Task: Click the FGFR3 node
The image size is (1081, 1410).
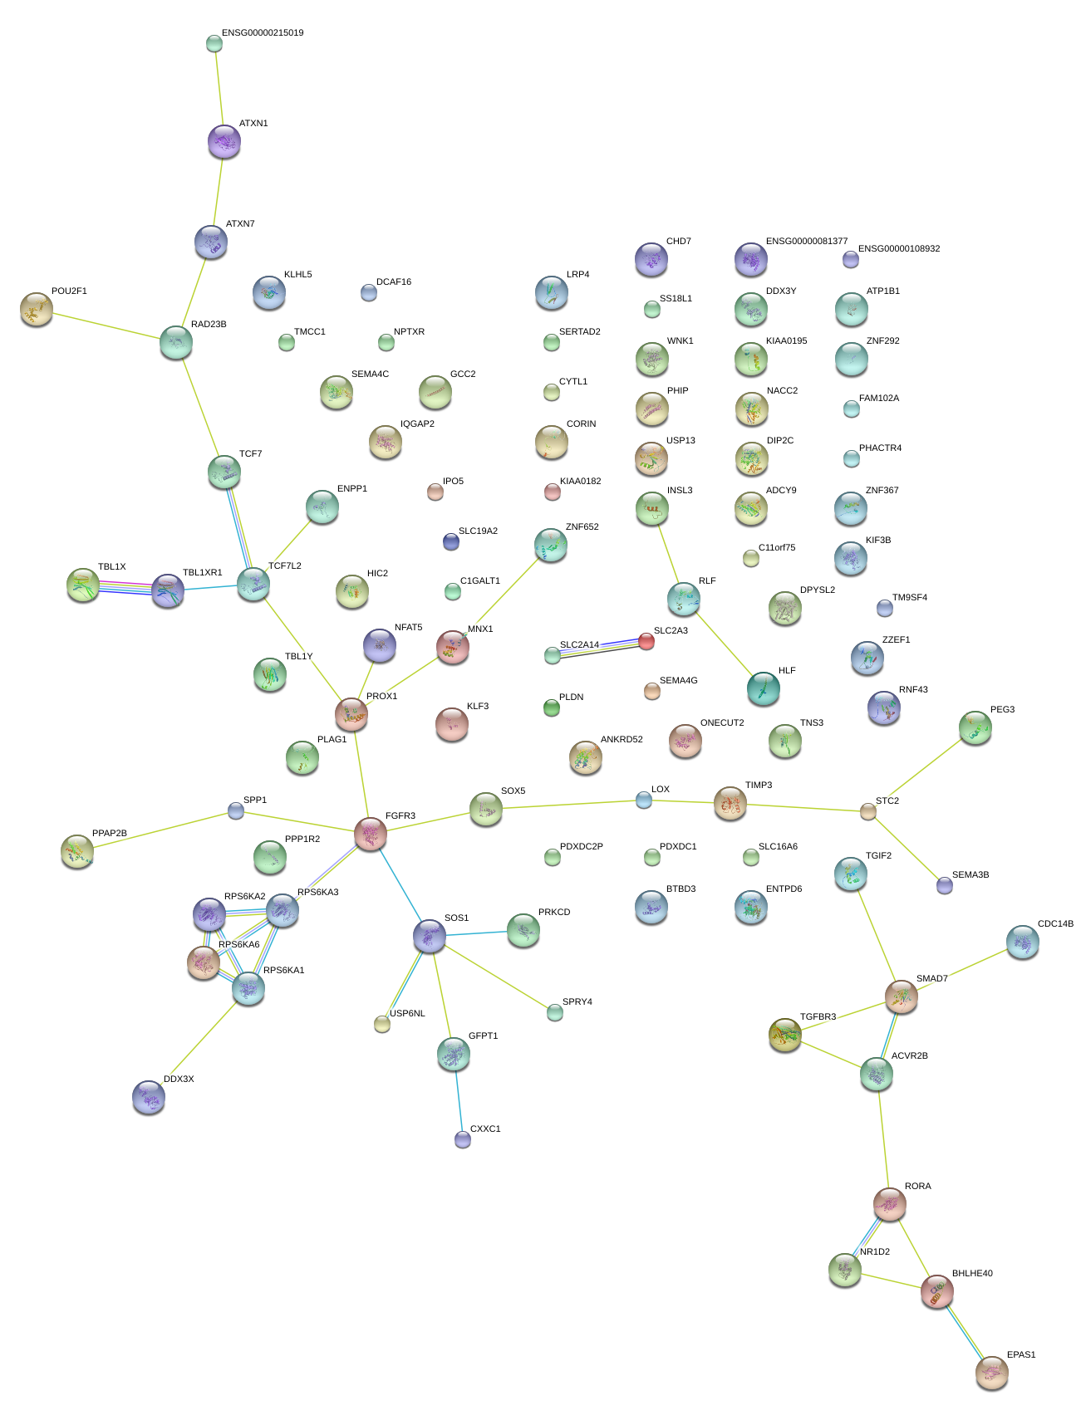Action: tap(371, 833)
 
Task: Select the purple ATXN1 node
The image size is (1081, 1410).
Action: tap(224, 141)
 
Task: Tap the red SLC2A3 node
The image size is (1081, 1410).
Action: tap(646, 641)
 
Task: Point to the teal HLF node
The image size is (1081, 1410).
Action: tap(763, 688)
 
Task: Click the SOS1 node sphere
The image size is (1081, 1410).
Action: tap(430, 936)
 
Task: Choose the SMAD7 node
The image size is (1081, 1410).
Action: tap(902, 996)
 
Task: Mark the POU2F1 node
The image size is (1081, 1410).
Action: tap(36, 309)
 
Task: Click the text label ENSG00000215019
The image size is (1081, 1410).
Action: tap(263, 33)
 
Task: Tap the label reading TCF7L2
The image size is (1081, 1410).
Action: tap(285, 566)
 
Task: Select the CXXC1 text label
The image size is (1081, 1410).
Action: tap(485, 1129)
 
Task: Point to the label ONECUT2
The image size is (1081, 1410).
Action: tap(722, 723)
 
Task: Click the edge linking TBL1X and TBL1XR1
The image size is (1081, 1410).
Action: tap(125, 588)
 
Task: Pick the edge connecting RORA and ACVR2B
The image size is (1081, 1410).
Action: tap(883, 1139)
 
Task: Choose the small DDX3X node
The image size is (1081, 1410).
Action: tap(149, 1097)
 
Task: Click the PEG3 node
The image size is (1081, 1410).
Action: tap(975, 727)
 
